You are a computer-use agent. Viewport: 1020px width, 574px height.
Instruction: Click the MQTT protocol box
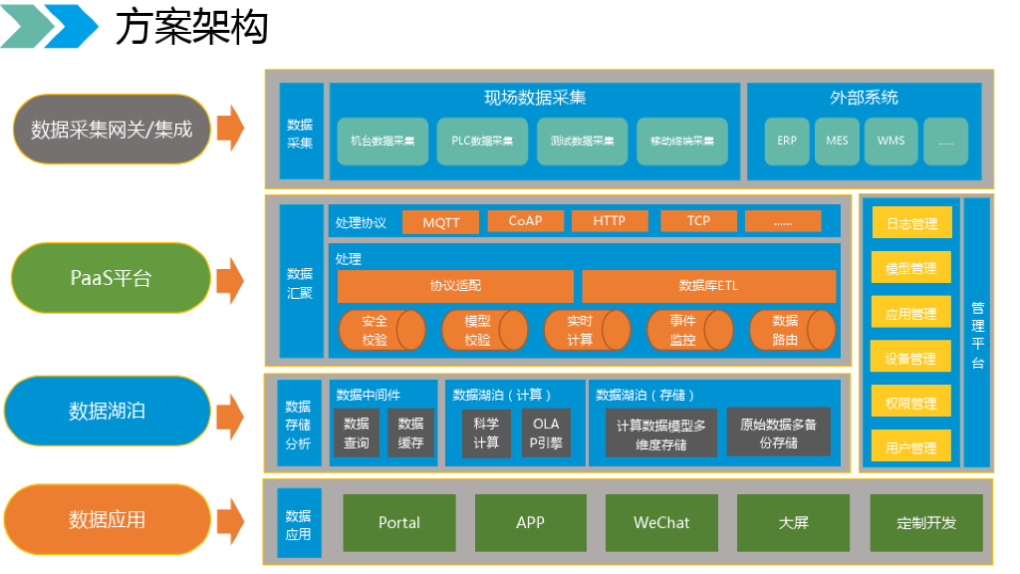point(440,222)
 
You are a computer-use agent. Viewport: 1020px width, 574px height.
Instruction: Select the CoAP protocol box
point(525,221)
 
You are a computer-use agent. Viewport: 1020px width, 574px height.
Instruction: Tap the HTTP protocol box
point(610,221)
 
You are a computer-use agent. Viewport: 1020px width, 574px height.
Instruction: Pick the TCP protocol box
point(698,221)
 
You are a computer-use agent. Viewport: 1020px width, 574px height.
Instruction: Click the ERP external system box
point(787,142)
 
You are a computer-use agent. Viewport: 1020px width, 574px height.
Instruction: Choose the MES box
point(837,142)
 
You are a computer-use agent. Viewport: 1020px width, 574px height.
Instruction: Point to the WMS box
point(891,142)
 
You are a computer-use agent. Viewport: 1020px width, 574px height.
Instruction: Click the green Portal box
point(399,523)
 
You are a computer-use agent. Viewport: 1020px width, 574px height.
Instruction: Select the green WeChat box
point(661,523)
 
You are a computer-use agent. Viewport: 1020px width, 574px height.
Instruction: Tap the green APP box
point(530,523)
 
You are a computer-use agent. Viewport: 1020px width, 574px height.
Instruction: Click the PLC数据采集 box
point(483,142)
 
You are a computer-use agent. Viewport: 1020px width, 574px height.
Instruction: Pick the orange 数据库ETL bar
point(708,286)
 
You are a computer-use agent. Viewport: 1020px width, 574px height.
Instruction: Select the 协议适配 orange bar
point(455,286)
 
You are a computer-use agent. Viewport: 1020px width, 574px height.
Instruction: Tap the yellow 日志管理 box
point(911,223)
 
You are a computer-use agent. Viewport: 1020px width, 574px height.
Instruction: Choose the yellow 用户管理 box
point(911,447)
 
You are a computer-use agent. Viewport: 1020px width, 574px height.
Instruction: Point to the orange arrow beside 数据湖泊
point(230,410)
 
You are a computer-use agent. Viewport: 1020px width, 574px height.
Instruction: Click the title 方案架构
point(191,28)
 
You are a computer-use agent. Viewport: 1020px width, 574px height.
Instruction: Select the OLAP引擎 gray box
point(546,432)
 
